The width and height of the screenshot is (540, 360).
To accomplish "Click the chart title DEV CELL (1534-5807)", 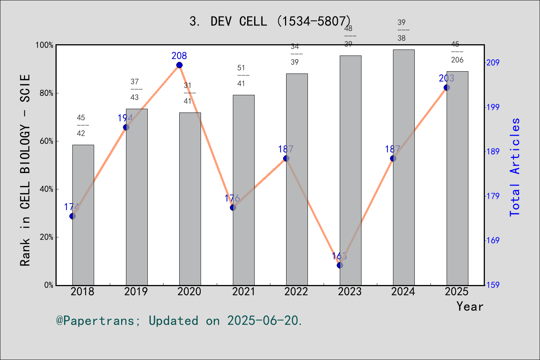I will (x=270, y=21).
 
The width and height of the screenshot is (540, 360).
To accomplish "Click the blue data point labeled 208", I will (x=179, y=65).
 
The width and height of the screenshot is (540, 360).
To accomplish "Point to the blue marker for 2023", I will (x=340, y=265).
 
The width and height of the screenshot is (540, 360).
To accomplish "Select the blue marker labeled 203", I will (x=447, y=87).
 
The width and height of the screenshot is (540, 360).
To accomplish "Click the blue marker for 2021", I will (x=233, y=207).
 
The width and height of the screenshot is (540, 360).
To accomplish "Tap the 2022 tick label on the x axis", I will (x=296, y=292).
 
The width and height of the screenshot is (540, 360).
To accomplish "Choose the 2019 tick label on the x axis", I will (x=136, y=292).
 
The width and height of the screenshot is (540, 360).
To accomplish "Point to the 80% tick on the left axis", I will (x=46, y=93).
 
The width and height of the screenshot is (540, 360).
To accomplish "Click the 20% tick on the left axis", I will (x=46, y=237).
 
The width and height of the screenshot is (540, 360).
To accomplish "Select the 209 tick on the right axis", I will (x=493, y=63).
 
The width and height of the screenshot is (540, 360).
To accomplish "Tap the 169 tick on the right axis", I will (x=493, y=240).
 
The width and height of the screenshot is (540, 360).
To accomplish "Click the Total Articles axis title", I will (x=515, y=167).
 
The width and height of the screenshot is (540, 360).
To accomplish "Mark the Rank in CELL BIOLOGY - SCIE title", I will (x=25, y=170).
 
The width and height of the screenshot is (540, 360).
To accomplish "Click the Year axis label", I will (x=469, y=306).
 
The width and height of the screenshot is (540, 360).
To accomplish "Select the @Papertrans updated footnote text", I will (x=179, y=321).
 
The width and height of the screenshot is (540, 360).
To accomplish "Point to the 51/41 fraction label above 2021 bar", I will (x=241, y=75).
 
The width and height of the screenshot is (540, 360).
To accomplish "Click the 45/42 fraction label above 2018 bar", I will (x=81, y=125).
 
